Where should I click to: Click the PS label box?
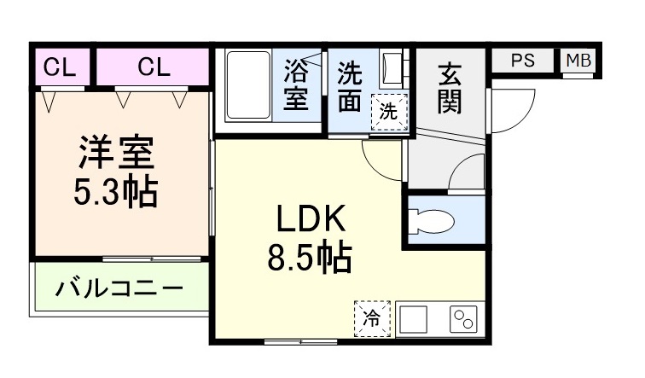(522, 61)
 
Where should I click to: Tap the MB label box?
(578, 61)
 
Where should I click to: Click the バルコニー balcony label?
(119, 288)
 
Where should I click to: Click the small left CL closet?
(61, 67)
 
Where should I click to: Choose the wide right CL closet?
(153, 67)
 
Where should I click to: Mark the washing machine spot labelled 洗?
(387, 111)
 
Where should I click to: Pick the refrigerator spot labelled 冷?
(372, 319)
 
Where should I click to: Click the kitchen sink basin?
(414, 320)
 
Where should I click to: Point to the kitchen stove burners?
(464, 321)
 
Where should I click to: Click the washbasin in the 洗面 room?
(392, 68)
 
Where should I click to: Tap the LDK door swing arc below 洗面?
(380, 154)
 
